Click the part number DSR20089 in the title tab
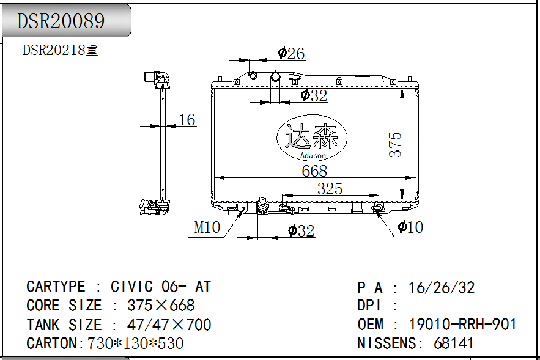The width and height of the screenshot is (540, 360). click(x=61, y=21)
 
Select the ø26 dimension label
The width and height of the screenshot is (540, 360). click(x=291, y=54)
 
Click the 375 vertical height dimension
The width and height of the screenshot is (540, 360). click(x=395, y=145)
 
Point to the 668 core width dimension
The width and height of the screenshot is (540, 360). click(x=314, y=171)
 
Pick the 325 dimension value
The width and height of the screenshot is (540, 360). click(x=330, y=189)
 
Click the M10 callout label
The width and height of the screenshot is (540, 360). click(x=207, y=227)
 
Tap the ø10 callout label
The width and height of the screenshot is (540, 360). click(x=410, y=227)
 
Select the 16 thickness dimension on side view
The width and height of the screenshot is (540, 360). click(x=187, y=120)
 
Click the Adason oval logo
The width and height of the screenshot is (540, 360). click(x=312, y=138)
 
